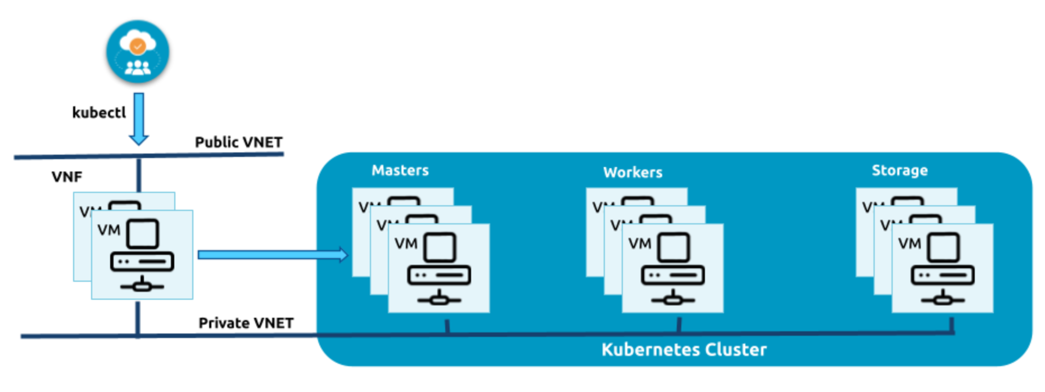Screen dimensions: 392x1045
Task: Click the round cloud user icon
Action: click(x=138, y=52)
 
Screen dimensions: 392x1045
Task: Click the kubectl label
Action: click(x=99, y=112)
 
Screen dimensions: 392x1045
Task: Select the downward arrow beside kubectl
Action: click(x=139, y=119)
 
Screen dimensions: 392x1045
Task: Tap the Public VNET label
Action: click(x=238, y=142)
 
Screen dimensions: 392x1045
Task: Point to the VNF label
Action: click(x=67, y=177)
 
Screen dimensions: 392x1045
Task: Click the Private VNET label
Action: click(x=246, y=323)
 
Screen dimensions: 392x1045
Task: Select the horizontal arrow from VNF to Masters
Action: click(x=273, y=255)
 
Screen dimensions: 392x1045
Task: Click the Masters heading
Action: click(x=400, y=170)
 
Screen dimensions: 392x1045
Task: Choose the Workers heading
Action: click(x=632, y=172)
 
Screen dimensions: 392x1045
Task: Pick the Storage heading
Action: click(x=899, y=170)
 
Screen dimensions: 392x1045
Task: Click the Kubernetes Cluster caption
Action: click(x=684, y=350)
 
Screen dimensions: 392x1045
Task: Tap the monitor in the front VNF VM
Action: click(x=142, y=233)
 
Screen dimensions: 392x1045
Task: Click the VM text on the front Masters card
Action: click(x=406, y=244)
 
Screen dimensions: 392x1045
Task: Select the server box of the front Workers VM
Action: click(x=673, y=276)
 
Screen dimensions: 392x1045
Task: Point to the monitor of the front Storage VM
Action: click(x=943, y=247)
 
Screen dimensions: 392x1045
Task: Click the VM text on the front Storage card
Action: click(x=910, y=244)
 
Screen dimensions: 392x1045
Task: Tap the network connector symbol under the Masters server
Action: click(x=439, y=299)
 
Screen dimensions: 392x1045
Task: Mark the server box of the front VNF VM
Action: click(x=142, y=262)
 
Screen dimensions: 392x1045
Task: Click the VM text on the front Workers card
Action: click(x=640, y=244)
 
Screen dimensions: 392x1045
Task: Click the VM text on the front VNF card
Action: click(x=109, y=230)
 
